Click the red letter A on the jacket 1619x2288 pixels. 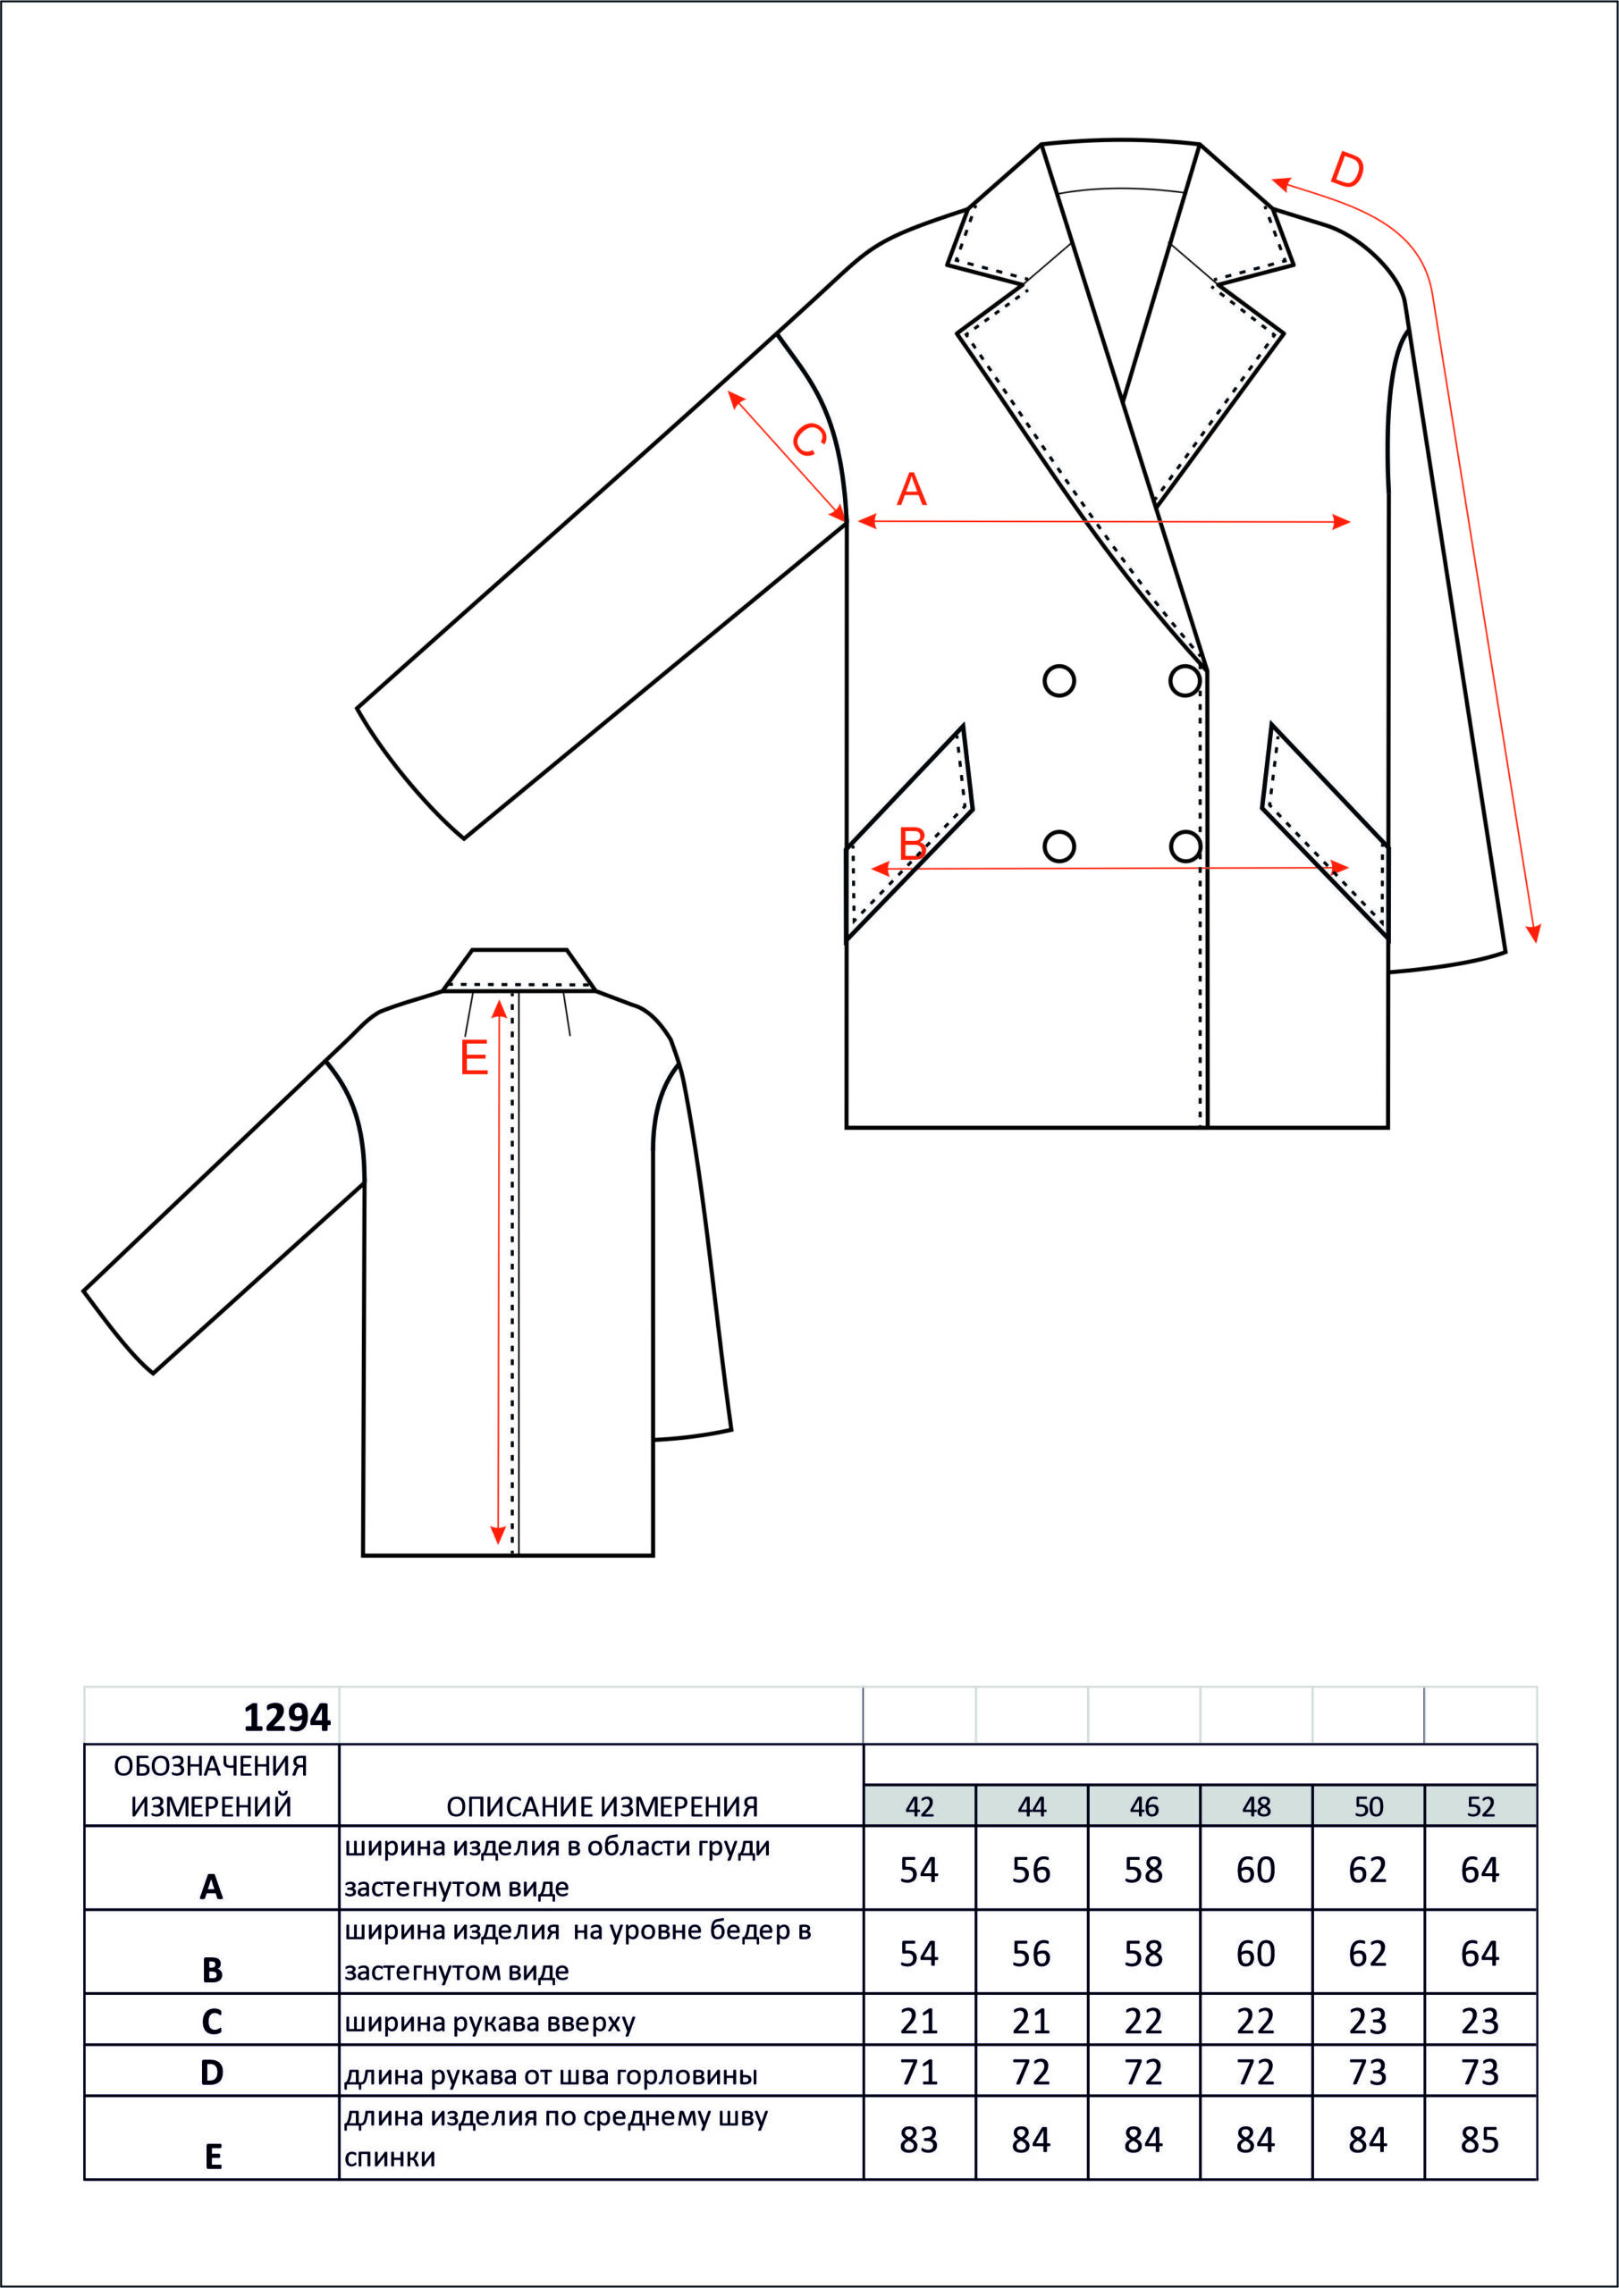pos(911,489)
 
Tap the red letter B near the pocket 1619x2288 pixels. pos(912,844)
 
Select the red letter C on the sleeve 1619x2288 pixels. pos(807,440)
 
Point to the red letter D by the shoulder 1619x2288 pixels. pos(1347,171)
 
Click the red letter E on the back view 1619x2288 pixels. pos(474,1057)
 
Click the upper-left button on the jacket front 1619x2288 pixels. pos(1058,681)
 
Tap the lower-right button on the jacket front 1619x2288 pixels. pos(1185,846)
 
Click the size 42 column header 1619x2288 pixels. pos(919,1806)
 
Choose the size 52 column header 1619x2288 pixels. pos(1480,1806)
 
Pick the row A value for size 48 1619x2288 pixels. pos(1256,1871)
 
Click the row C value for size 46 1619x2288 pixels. pos(1143,2021)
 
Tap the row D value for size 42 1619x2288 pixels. pos(919,2073)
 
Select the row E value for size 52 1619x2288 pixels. pos(1480,2140)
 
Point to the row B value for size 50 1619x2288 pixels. pos(1368,1953)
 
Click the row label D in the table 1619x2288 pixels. pos(211,2073)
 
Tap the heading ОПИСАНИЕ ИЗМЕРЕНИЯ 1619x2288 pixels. pos(603,1806)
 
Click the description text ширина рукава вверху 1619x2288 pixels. pos(490,2023)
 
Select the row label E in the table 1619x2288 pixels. pos(213,2158)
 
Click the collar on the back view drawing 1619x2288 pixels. pos(519,970)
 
